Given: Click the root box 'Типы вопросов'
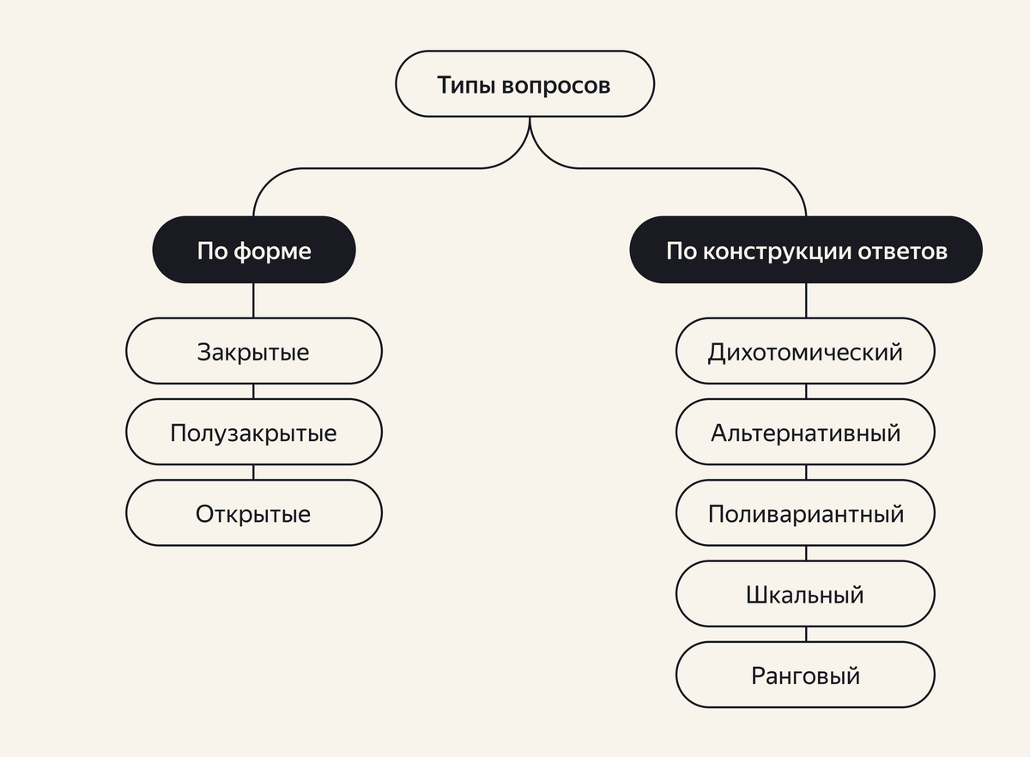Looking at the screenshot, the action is click(x=524, y=85).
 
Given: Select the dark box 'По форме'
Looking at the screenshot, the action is click(x=254, y=250).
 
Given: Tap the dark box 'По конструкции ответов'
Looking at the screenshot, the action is click(x=806, y=250).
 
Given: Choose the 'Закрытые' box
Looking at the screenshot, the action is click(x=254, y=351).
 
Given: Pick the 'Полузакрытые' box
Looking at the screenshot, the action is click(x=254, y=432).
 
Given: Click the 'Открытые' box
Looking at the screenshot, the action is click(x=254, y=513).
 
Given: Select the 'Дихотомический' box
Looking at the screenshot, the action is click(x=805, y=351).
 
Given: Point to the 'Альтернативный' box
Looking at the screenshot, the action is click(x=805, y=432).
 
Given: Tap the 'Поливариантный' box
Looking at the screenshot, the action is click(x=805, y=513).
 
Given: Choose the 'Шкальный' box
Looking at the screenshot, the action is click(x=805, y=594).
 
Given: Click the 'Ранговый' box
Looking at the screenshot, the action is click(x=805, y=675).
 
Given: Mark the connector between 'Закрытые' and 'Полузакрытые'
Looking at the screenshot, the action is click(x=254, y=391).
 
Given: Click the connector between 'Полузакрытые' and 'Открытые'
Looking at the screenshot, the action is click(x=254, y=473).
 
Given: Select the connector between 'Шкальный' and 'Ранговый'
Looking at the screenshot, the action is click(x=806, y=635).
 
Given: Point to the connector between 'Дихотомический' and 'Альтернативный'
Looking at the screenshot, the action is click(x=806, y=391).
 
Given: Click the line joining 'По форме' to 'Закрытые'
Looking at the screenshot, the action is click(x=254, y=300).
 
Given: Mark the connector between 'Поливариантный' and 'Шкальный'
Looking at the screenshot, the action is click(x=806, y=554).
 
